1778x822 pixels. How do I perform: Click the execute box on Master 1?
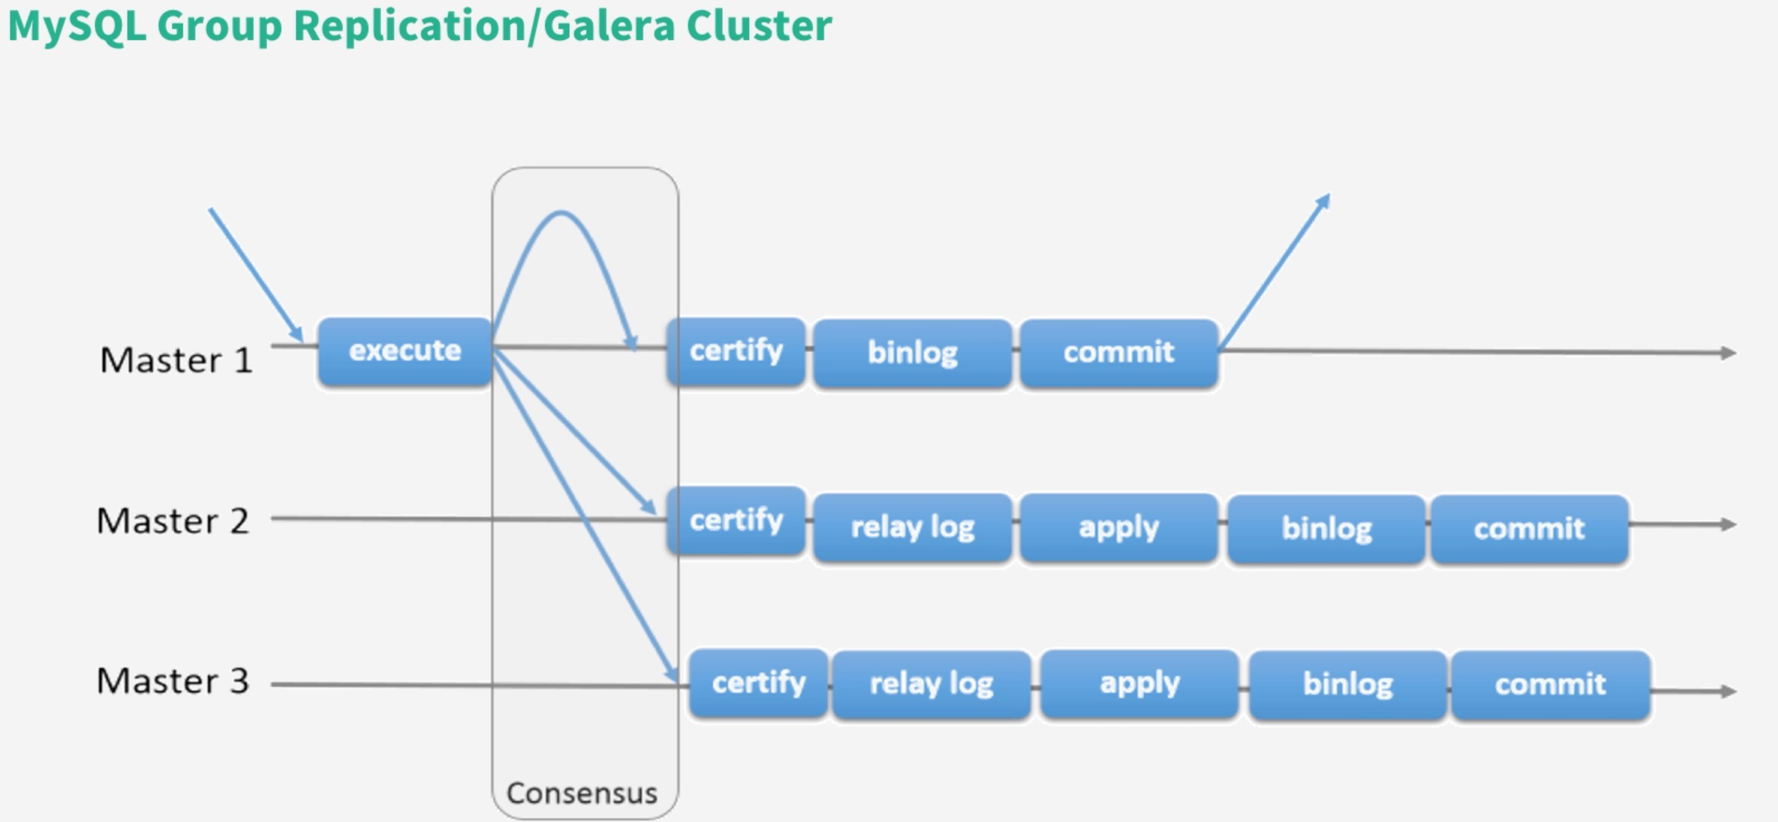click(x=405, y=351)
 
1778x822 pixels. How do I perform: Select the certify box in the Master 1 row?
click(x=736, y=351)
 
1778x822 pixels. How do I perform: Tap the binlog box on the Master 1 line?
click(x=913, y=354)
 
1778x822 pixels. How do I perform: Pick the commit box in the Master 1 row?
click(x=1119, y=354)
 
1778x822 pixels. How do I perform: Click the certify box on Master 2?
click(x=736, y=520)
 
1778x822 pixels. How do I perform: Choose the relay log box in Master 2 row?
click(x=913, y=528)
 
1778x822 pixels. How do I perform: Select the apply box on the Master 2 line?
click(x=1119, y=528)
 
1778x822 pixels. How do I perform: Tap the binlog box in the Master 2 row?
click(x=1327, y=529)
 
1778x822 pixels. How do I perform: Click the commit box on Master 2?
click(x=1530, y=529)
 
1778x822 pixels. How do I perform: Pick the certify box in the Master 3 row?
click(x=759, y=683)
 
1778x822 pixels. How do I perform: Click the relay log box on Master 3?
click(x=931, y=685)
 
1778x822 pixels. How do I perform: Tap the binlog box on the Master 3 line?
click(x=1348, y=686)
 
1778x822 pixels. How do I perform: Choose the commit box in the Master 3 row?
click(x=1551, y=686)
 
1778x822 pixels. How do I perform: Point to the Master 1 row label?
click(x=176, y=360)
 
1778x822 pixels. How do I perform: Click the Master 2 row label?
click(x=173, y=521)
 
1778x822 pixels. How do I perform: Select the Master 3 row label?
click(x=173, y=681)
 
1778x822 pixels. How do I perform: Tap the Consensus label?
click(x=582, y=794)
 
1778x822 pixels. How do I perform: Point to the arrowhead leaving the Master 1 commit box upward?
click(x=1324, y=201)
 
